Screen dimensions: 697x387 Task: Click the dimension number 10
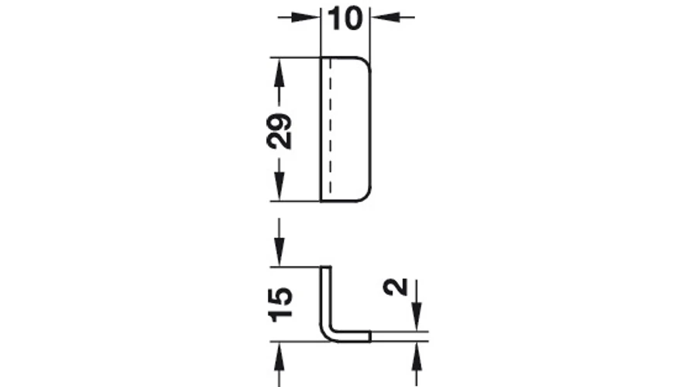point(345,19)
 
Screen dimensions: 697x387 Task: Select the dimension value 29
point(280,131)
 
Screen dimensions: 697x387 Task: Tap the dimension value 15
point(280,304)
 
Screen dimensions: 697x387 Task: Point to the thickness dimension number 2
point(396,286)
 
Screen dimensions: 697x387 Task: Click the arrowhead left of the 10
point(306,18)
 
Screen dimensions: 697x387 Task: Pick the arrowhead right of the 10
point(385,18)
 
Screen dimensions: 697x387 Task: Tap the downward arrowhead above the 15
point(279,252)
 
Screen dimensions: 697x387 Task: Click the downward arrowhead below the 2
point(417,317)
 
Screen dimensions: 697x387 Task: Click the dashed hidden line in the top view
point(330,129)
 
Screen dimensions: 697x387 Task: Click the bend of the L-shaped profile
point(328,334)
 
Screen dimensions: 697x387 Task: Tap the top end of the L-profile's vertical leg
point(326,267)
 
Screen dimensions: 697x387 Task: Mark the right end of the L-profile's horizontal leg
point(370,337)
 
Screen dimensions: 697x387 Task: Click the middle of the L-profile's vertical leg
point(326,298)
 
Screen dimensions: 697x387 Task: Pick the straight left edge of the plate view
point(321,129)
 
